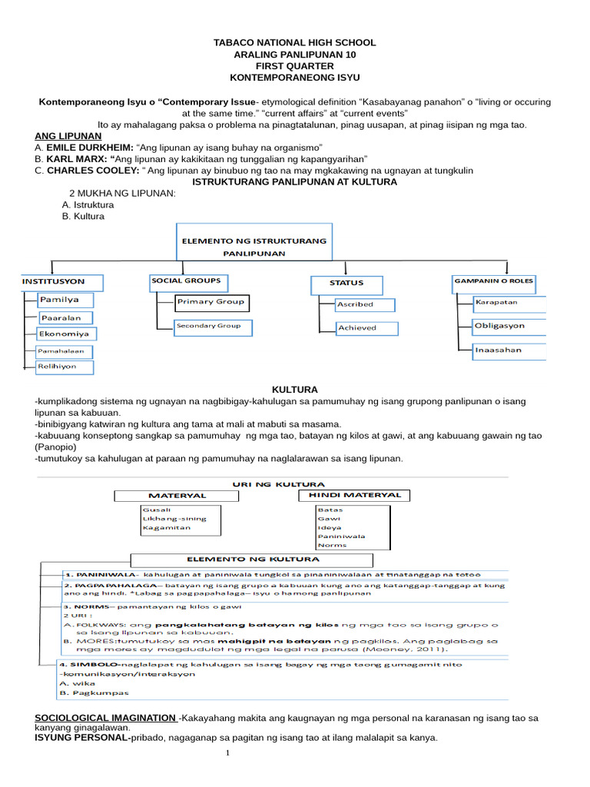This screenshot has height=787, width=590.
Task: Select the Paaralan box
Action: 66,317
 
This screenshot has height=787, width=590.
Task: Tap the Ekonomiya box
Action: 66,334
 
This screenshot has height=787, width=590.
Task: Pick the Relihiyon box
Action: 66,367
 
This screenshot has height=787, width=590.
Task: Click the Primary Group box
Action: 211,302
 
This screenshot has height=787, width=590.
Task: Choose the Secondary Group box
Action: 209,326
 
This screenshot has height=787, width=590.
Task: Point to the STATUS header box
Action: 347,283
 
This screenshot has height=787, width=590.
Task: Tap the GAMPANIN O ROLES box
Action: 493,281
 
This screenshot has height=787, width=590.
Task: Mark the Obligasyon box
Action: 509,326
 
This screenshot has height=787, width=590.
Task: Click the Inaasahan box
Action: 509,350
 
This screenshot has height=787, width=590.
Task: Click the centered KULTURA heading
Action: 295,390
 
